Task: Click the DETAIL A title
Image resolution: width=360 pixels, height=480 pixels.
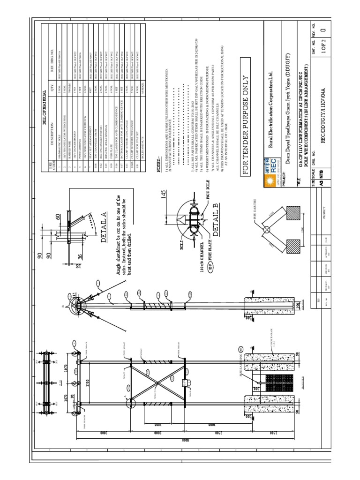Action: point(104,227)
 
